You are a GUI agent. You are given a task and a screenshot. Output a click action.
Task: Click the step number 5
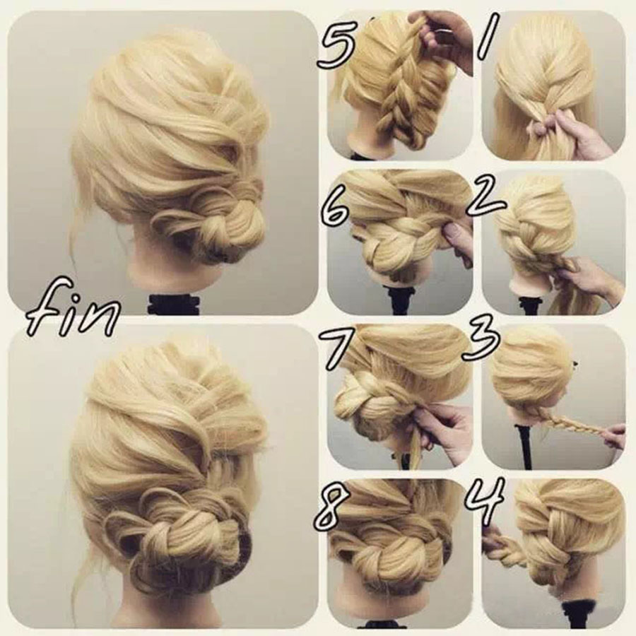[335, 44]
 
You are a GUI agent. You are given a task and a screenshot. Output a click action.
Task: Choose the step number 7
[334, 345]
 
